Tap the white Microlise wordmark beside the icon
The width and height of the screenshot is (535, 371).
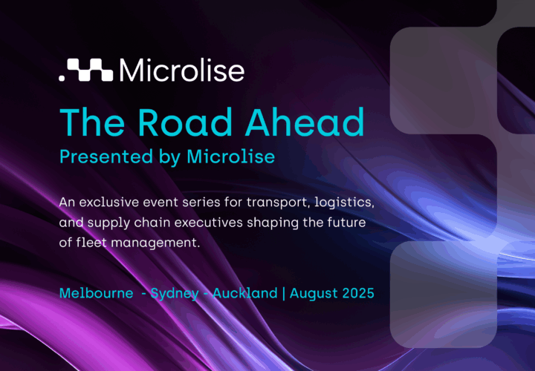pos(182,70)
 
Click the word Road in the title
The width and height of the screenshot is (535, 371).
pos(185,122)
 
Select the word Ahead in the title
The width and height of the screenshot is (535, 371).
pos(305,122)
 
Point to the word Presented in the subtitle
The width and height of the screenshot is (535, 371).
pos(106,157)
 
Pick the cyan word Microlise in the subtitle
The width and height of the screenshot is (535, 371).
pos(230,157)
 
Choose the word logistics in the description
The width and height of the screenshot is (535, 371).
pos(344,203)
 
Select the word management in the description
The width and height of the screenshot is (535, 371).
pos(155,243)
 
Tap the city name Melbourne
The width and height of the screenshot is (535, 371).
pos(96,293)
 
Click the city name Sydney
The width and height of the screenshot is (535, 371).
pos(175,294)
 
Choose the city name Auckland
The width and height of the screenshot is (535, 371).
pos(245,293)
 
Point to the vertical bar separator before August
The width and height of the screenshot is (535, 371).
pos(284,293)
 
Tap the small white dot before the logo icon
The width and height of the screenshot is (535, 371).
pos(62,79)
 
